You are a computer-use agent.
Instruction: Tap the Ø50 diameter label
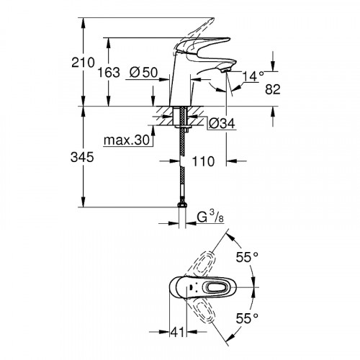pos(144,73)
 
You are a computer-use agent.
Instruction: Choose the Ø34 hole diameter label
pos(220,124)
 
